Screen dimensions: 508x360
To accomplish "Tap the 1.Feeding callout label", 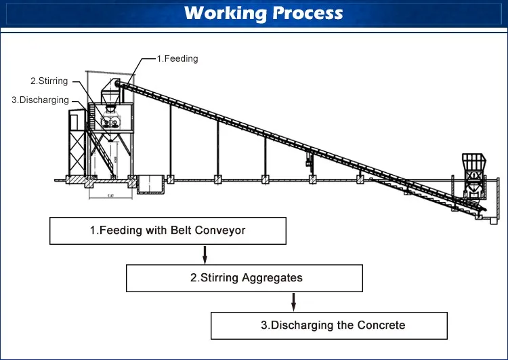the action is click(x=177, y=59).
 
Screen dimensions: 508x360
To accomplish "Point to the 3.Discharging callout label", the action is click(x=41, y=100).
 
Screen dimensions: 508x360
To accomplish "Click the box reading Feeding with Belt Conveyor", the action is click(x=168, y=231).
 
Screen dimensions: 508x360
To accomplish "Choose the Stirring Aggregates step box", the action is click(x=245, y=278).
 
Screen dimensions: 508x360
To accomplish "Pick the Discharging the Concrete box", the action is click(x=329, y=325).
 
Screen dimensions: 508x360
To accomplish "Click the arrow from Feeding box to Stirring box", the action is click(x=205, y=254).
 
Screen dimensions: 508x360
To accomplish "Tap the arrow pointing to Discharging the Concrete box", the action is click(x=293, y=302).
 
